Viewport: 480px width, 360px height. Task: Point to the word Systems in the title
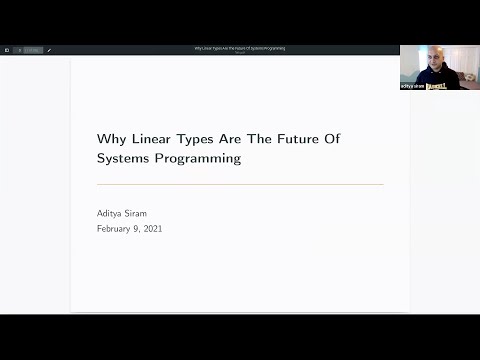coord(124,158)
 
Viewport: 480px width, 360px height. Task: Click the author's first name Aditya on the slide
coord(113,212)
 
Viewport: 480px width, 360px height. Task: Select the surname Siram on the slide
coord(148,212)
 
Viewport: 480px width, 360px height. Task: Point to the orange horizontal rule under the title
coord(240,184)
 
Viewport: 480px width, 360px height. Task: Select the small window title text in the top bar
coord(240,47)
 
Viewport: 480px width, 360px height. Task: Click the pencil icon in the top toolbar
coord(49,50)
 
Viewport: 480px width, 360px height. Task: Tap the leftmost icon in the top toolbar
coord(7,50)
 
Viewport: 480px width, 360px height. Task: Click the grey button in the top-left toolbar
coord(32,50)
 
